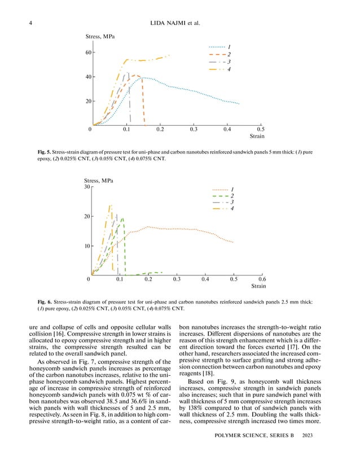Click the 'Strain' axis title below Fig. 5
click(257, 137)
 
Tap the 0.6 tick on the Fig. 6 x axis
click(262, 279)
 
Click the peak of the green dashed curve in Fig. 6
click(122, 218)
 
